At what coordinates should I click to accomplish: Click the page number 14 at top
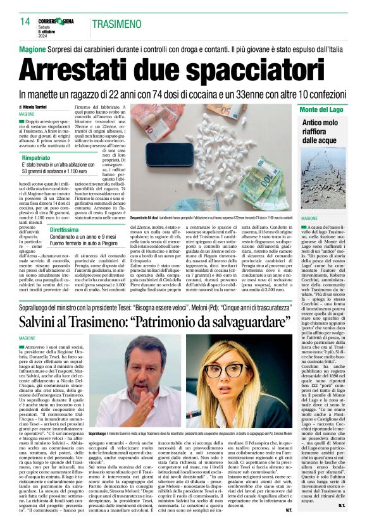[25, 21]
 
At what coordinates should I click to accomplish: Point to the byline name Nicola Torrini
[41, 107]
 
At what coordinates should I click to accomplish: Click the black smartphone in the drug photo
[191, 152]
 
